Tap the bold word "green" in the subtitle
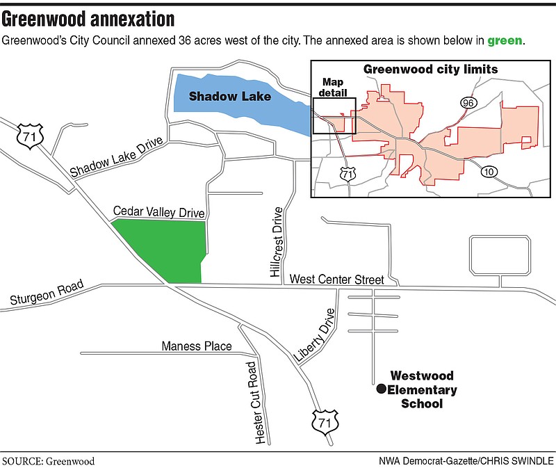[x=504, y=41]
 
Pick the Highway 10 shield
[x=491, y=172]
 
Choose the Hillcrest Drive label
[x=278, y=243]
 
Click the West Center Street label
[x=336, y=280]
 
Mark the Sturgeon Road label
[x=47, y=293]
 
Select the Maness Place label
[x=197, y=346]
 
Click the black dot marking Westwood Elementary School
[x=380, y=390]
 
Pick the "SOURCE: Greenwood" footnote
[x=49, y=460]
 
